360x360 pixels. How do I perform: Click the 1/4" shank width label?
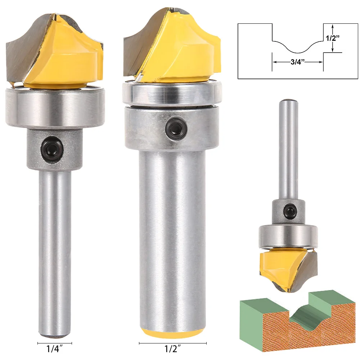(x=55, y=349)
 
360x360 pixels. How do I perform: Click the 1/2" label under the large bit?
(x=173, y=349)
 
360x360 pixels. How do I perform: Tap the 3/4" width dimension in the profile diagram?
(x=298, y=62)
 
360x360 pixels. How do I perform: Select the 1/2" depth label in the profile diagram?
(x=333, y=38)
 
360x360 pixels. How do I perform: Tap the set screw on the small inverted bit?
(x=289, y=210)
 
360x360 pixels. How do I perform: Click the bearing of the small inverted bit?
(x=288, y=237)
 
